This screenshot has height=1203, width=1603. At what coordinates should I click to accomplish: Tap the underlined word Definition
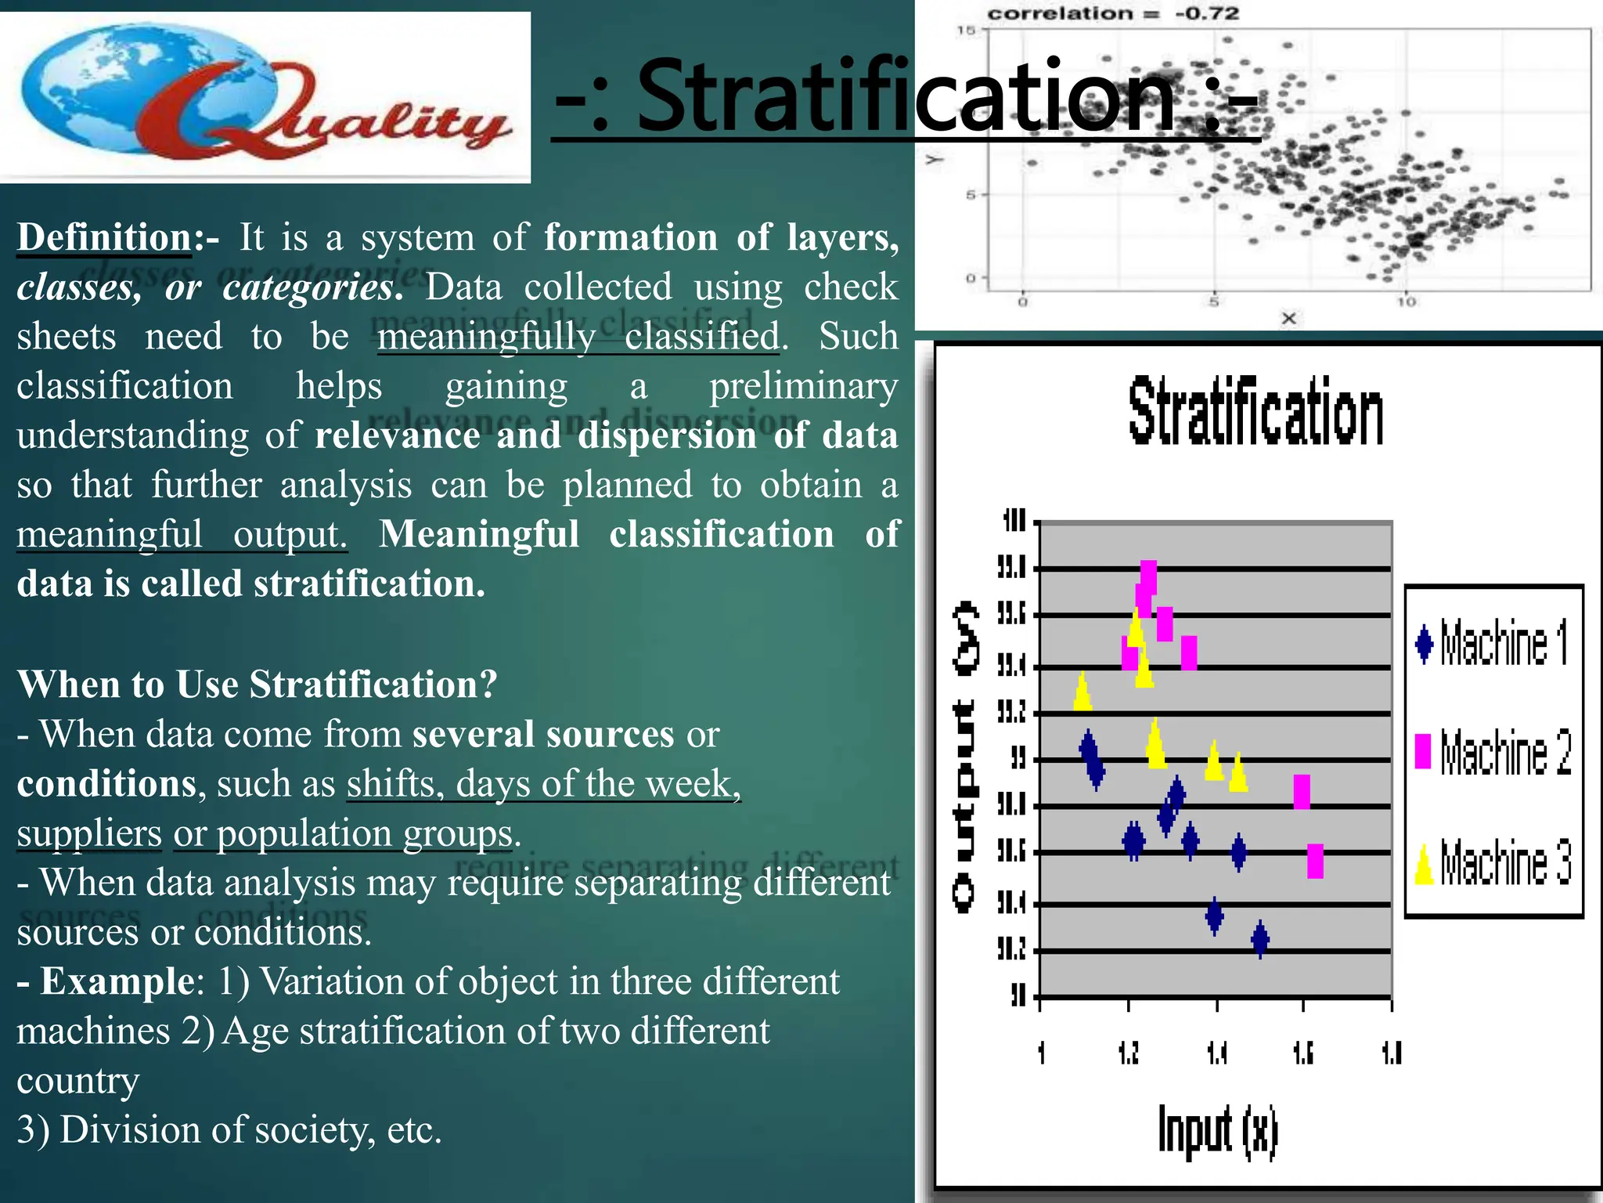coord(105,237)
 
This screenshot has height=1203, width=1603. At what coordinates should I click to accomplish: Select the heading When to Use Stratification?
coord(257,684)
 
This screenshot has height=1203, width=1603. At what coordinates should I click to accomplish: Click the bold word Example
coord(117,981)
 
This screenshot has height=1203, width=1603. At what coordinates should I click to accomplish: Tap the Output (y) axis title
coord(966,756)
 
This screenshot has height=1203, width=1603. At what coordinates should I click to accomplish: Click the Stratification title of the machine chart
coord(1255,412)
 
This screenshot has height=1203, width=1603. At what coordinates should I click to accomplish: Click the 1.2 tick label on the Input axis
coord(1129,1053)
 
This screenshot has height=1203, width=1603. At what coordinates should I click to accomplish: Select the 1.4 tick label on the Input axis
coord(1217,1053)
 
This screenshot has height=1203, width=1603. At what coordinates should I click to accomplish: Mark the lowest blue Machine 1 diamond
coord(1260,938)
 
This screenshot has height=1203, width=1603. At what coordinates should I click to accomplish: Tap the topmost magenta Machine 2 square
coord(1148,577)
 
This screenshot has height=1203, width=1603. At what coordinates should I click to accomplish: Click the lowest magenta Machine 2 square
coord(1315,861)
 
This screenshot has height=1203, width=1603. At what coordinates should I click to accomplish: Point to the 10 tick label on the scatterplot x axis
coord(1407,302)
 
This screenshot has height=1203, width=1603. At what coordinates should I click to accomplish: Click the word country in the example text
coord(78,1081)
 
